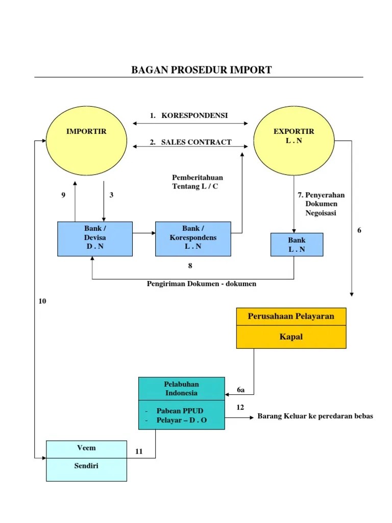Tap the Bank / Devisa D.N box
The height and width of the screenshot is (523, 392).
(x=95, y=239)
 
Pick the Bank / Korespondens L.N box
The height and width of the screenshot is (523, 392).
(x=193, y=239)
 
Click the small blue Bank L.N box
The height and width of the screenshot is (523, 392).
(x=297, y=244)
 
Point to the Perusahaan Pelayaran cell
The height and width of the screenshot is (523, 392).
(x=291, y=316)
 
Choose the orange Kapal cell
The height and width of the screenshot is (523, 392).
(x=291, y=337)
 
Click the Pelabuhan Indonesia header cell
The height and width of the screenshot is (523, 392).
(x=181, y=389)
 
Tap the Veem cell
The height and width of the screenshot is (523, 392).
(x=86, y=449)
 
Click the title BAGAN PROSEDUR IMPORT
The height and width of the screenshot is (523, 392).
(x=202, y=70)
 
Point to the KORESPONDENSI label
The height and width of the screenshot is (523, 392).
(x=194, y=115)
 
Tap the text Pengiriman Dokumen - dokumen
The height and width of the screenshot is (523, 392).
(x=202, y=284)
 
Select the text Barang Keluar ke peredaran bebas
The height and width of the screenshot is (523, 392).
(x=315, y=416)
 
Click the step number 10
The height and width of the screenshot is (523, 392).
(x=42, y=301)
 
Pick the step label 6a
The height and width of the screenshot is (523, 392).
(x=241, y=390)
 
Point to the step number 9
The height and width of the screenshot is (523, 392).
(x=63, y=195)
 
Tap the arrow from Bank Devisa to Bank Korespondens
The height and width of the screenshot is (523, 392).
(x=144, y=233)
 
